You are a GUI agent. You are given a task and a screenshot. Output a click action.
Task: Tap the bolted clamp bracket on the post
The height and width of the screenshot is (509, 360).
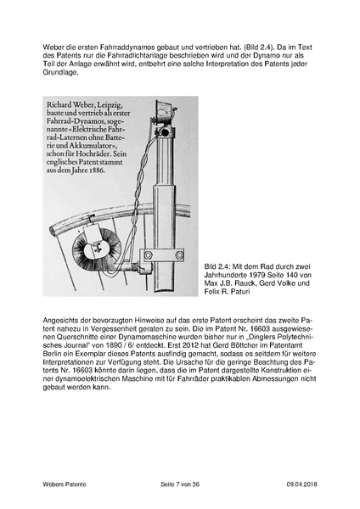pyautogui.click(x=162, y=255)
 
